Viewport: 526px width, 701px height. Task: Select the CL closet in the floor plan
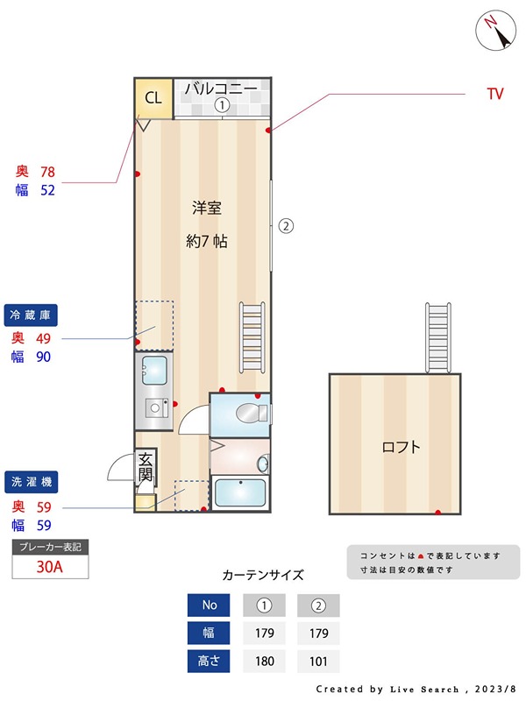153,98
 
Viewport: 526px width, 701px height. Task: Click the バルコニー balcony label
221,89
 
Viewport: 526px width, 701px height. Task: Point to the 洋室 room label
207,209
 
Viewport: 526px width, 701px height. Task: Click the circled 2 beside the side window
286,226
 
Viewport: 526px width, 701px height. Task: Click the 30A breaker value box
50,566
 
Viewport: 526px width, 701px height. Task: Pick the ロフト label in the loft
401,447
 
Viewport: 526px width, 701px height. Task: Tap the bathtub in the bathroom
240,493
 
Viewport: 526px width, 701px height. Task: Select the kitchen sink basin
155,371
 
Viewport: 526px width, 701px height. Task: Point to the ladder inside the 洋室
252,336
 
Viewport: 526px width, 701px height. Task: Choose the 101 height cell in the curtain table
317,662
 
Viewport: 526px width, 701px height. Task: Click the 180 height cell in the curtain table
265,662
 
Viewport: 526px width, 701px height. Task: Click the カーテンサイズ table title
263,576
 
